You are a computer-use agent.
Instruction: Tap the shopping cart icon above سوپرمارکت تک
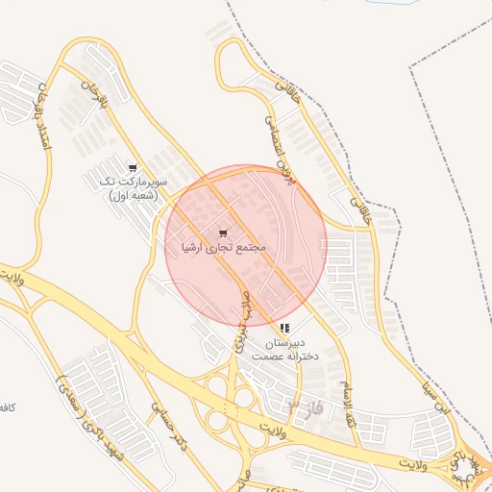(x=132, y=167)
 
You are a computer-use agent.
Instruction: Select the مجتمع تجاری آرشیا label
(x=223, y=248)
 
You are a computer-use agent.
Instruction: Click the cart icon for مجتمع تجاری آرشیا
(x=223, y=233)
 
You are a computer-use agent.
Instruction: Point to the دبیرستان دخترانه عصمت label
(x=284, y=349)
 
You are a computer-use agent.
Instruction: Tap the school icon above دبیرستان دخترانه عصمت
(x=284, y=329)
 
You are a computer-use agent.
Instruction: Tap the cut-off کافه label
(x=7, y=408)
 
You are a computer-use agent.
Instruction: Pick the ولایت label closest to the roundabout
(x=412, y=465)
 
